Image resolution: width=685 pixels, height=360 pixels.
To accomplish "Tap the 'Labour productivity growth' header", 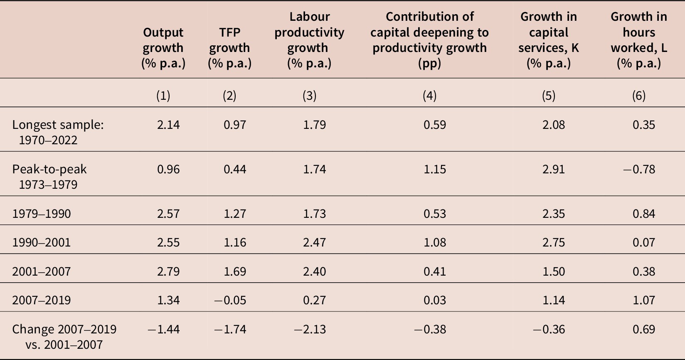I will pyautogui.click(x=309, y=40).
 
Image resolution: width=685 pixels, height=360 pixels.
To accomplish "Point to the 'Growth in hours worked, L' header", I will pyautogui.click(x=638, y=40).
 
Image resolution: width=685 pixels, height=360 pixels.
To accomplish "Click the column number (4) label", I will pyautogui.click(x=429, y=96).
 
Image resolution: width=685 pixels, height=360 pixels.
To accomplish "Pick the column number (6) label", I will pyautogui.click(x=638, y=96).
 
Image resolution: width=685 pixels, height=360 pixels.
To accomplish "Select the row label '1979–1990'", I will pyautogui.click(x=42, y=214).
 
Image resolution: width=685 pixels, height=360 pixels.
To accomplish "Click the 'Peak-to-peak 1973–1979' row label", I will pyautogui.click(x=49, y=177).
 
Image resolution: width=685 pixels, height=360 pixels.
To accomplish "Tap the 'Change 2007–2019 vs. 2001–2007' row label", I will pyautogui.click(x=64, y=337).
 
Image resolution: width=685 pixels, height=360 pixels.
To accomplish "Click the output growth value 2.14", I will pyautogui.click(x=168, y=125).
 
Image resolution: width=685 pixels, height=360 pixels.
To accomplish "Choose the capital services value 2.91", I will pyautogui.click(x=553, y=169).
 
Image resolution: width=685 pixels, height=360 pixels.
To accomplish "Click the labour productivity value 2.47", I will pyautogui.click(x=314, y=242).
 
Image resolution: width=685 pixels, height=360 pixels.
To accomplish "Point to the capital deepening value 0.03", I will pyautogui.click(x=434, y=300).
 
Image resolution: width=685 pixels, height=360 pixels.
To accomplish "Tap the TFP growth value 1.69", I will pyautogui.click(x=235, y=271).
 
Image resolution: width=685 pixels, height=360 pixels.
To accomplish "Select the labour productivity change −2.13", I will pyautogui.click(x=310, y=329).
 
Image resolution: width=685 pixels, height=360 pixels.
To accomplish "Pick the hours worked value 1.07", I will pyautogui.click(x=643, y=300).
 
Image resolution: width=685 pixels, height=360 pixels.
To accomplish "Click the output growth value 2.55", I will pyautogui.click(x=168, y=242).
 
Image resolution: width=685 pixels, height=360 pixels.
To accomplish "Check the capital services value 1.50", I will pyautogui.click(x=553, y=271).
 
